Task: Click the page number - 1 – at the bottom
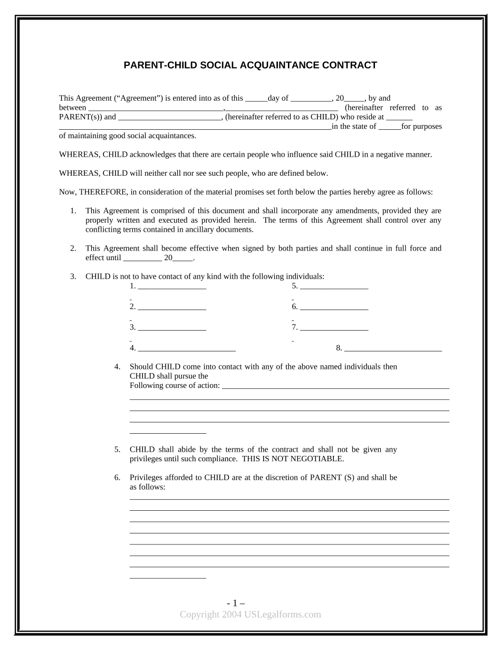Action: [x=236, y=603]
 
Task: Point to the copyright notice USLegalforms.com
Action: [x=250, y=614]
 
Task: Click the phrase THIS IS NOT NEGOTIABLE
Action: [x=293, y=459]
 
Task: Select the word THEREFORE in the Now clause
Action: [x=101, y=192]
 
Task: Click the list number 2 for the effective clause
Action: [x=73, y=249]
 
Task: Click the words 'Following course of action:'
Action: [x=175, y=386]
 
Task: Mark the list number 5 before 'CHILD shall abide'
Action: [x=117, y=450]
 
